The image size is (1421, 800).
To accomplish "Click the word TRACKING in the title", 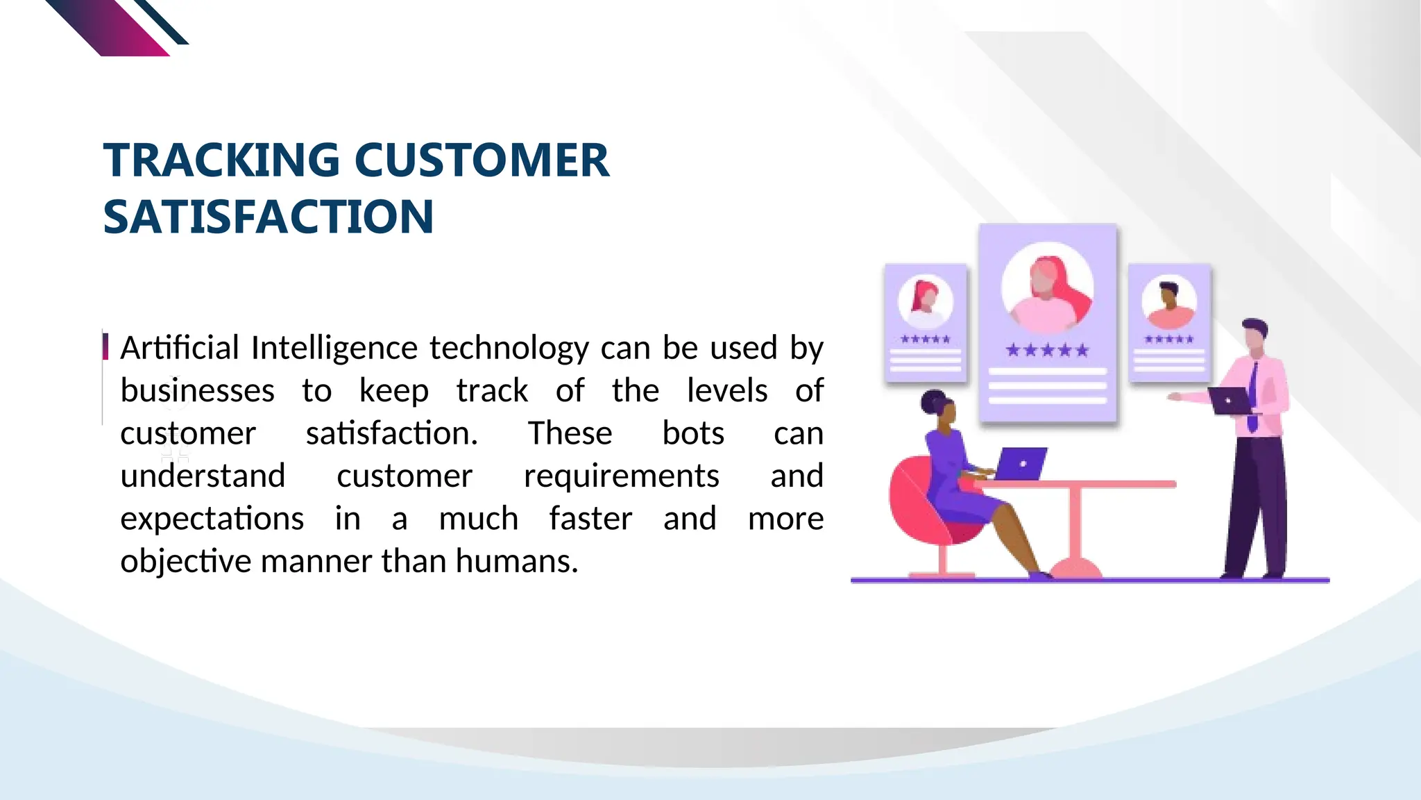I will pos(221,160).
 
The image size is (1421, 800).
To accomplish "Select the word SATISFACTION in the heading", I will pos(269,217).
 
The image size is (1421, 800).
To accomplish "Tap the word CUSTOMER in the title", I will pos(482,160).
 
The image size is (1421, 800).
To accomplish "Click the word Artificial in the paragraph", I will pos(180,348).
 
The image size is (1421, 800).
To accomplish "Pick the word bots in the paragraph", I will pos(692,433).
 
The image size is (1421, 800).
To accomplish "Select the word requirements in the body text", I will pos(621,476).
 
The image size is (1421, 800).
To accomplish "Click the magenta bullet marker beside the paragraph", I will pos(105,346).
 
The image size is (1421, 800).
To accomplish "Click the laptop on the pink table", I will pos(1021,464).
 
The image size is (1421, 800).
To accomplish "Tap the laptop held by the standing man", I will pos(1228,401).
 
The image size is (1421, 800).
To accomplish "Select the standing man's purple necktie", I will pos(1253,396).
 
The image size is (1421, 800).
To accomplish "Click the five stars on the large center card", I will pos(1047,350).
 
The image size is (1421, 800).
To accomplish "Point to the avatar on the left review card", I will pos(925,301).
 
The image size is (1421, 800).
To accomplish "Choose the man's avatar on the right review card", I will pos(1169,303).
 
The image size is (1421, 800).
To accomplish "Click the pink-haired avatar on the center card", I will pos(1047,288).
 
